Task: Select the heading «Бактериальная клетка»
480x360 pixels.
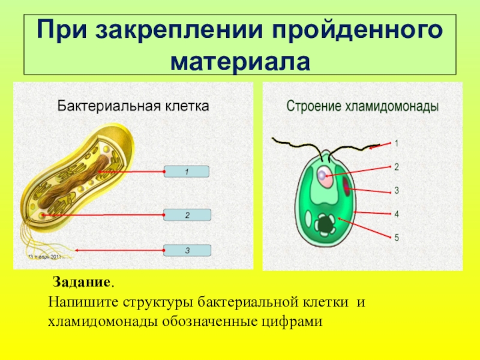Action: [133, 107]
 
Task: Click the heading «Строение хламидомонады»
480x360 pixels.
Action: [362, 107]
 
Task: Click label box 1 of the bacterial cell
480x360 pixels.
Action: [187, 172]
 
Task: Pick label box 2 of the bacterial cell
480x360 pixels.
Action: [187, 214]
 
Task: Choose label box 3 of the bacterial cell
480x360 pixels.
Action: [187, 250]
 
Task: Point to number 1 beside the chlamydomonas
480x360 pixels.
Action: [396, 143]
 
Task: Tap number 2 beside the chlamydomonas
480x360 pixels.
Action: [396, 167]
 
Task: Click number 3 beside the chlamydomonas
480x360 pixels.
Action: [396, 190]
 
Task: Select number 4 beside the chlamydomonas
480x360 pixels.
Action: [396, 214]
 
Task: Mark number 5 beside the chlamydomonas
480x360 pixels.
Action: [396, 237]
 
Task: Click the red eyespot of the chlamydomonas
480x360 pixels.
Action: [347, 190]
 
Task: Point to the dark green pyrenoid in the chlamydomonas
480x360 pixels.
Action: [326, 224]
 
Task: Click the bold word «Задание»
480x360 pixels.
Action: [82, 282]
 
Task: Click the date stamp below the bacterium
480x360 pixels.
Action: [45, 257]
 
